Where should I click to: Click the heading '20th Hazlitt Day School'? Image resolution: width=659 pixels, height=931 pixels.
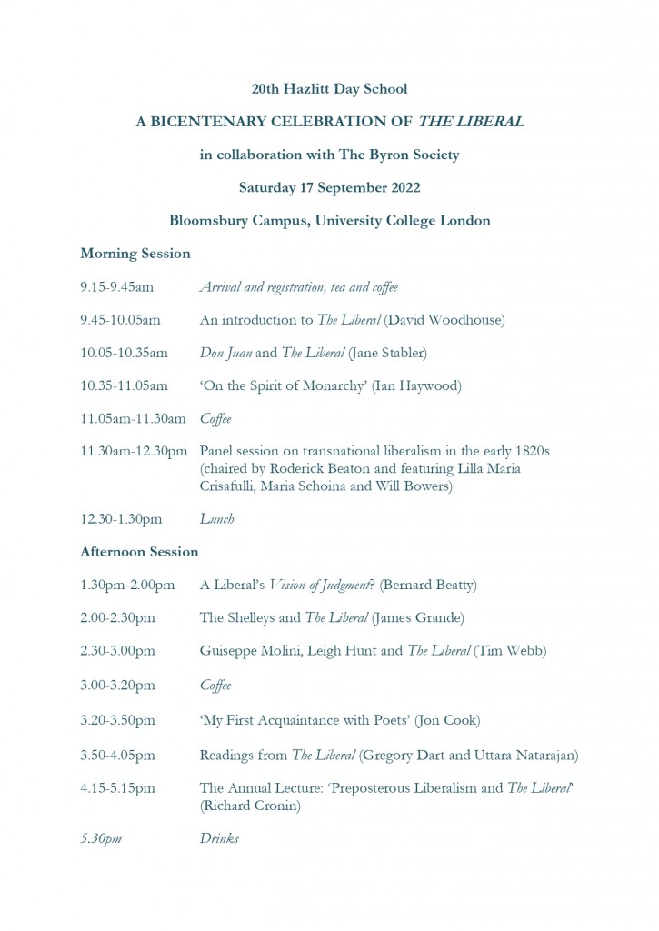pos(329,89)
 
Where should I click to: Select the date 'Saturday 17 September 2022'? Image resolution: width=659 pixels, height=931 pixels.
pos(329,188)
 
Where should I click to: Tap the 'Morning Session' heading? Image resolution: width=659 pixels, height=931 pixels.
pos(135,254)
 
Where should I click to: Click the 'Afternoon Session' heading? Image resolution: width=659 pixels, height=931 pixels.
pos(139,552)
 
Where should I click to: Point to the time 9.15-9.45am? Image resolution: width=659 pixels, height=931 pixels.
pos(116,288)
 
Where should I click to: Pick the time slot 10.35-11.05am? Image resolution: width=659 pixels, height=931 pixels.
pos(124,386)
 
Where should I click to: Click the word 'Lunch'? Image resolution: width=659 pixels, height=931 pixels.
pos(216,519)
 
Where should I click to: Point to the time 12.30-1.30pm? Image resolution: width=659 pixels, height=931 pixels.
pos(121,519)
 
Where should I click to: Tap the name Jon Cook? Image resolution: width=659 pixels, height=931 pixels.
pos(447,721)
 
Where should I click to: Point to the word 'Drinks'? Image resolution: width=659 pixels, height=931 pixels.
pos(219,839)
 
